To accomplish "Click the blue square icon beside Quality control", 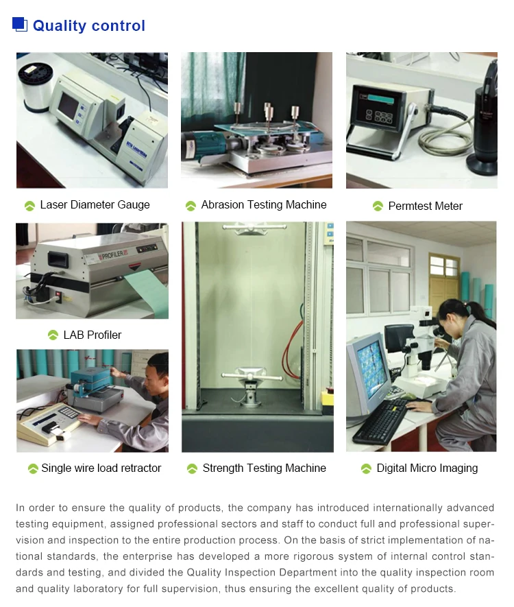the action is tap(20, 24).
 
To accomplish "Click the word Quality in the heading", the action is tap(60, 26).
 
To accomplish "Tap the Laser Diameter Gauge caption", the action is tap(95, 204).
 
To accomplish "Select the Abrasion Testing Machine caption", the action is tap(264, 204).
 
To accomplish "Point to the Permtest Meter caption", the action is tap(425, 206).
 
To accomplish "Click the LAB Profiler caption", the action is tap(93, 335).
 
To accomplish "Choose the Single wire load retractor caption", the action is tap(101, 468).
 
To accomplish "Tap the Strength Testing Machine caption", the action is tap(264, 468).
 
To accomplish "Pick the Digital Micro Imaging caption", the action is tap(427, 468).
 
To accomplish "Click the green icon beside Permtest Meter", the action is tap(378, 206).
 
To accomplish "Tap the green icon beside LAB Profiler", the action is tap(53, 335).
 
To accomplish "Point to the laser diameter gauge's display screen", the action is tap(69, 106).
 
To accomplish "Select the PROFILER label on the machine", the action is tap(112, 254).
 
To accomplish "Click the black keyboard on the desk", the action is tap(381, 422).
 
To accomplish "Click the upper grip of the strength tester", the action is tap(251, 228).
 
